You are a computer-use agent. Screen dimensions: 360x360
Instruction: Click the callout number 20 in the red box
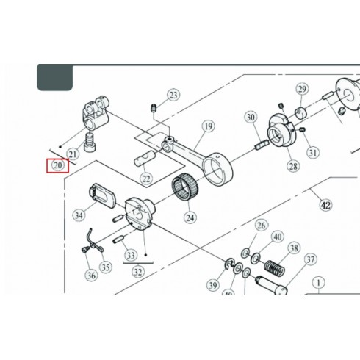(x=58, y=165)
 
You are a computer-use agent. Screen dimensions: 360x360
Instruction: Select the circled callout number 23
(x=173, y=95)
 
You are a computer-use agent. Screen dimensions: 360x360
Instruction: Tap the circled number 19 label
(x=208, y=126)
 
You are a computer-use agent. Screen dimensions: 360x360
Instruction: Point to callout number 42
(x=326, y=205)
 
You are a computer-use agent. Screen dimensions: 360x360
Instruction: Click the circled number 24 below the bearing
(x=190, y=217)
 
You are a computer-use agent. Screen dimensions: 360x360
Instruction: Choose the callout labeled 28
(x=293, y=167)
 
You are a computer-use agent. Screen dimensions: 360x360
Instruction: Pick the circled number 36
(x=91, y=276)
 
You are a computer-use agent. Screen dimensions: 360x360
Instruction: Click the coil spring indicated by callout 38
(x=275, y=267)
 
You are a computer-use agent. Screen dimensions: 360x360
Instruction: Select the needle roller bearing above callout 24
(x=185, y=187)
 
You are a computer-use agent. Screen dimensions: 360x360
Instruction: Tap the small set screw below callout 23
(x=154, y=108)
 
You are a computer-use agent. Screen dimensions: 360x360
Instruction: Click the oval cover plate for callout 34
(x=101, y=195)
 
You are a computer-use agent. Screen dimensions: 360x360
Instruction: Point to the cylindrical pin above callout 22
(x=144, y=159)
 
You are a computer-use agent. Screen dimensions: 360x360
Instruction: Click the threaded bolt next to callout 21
(x=90, y=143)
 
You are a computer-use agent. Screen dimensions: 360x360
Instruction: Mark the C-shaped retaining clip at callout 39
(x=229, y=264)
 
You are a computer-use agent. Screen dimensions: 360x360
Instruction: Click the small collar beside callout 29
(x=301, y=113)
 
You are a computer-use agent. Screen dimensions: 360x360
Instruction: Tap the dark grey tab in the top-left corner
(x=55, y=77)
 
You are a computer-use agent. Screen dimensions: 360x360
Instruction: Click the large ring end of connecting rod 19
(x=218, y=168)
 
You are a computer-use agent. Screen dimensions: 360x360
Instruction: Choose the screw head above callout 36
(x=84, y=250)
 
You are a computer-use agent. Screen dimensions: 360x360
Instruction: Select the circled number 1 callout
(x=319, y=284)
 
